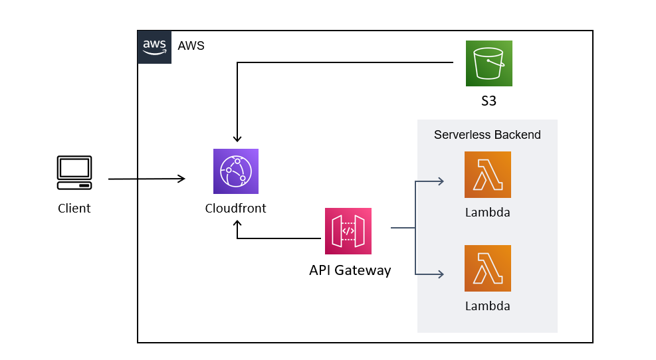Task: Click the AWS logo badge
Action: (x=154, y=46)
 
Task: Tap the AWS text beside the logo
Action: (x=191, y=46)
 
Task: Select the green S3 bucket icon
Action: (x=489, y=63)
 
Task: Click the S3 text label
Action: (x=489, y=102)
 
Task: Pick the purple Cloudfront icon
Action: (x=235, y=171)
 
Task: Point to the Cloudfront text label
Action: (x=235, y=208)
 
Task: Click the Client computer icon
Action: (x=74, y=173)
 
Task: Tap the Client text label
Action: (x=74, y=209)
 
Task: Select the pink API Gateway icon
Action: (x=348, y=230)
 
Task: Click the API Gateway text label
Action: (x=350, y=270)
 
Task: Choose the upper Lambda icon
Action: (x=487, y=175)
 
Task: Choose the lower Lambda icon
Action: (x=487, y=268)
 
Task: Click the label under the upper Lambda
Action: (x=487, y=213)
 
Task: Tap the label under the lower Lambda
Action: (x=487, y=306)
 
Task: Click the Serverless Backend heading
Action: (x=487, y=135)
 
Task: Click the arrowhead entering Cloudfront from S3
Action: (x=237, y=137)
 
